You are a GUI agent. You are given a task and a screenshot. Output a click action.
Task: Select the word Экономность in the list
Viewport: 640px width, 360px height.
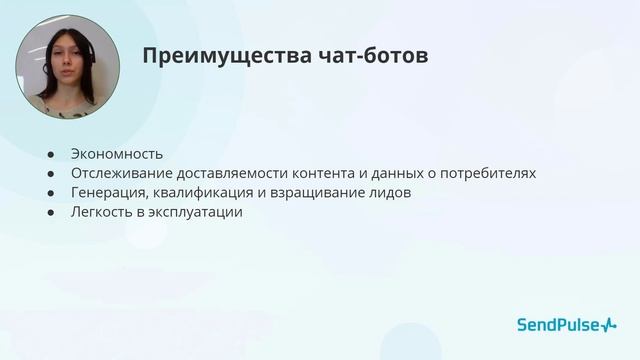pos(116,154)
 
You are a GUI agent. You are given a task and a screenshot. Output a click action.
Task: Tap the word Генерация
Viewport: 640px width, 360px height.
pos(107,192)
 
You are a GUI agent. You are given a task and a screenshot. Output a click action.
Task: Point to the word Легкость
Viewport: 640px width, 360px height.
pos(102,212)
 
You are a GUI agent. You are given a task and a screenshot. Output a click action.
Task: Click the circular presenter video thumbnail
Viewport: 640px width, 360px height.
pos(67,68)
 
